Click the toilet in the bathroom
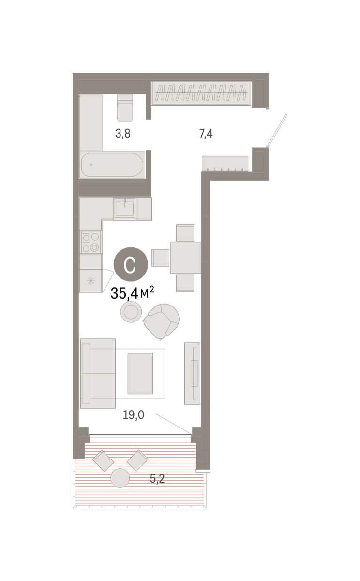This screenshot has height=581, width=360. [125, 108]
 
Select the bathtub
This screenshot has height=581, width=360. [112, 165]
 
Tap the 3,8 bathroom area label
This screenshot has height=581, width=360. [123, 134]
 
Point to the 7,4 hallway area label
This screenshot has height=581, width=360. [206, 134]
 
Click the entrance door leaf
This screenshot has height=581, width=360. [278, 131]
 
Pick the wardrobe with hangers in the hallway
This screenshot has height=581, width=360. [202, 93]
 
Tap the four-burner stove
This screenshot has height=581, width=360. [90, 242]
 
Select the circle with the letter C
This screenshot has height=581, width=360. [131, 264]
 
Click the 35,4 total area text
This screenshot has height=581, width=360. [132, 293]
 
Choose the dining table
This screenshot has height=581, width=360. [186, 258]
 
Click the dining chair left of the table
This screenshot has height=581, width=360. [161, 258]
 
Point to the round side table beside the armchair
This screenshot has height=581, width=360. [131, 312]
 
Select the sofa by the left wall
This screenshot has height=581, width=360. [98, 374]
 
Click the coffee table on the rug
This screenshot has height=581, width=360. [140, 373]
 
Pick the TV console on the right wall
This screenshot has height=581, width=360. [192, 373]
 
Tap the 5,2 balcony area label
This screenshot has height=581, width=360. [157, 478]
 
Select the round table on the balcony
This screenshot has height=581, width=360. [120, 478]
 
